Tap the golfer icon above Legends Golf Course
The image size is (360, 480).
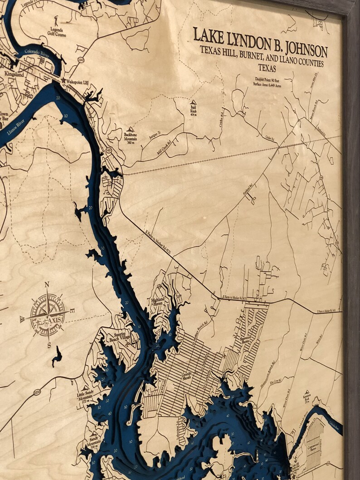tap(56, 20)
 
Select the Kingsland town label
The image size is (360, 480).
tap(13, 73)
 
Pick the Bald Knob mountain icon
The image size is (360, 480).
tap(193, 103)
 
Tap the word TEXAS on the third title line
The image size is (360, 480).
tap(267, 68)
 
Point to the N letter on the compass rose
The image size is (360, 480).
tap(47, 285)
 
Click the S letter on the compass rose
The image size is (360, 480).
tap(49, 345)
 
